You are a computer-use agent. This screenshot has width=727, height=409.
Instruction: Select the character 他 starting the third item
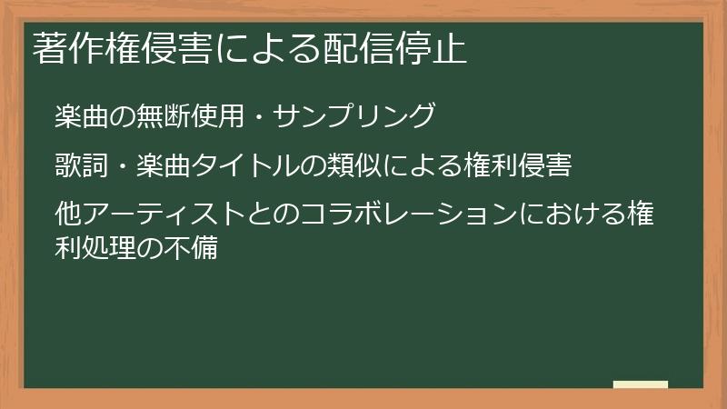(66, 216)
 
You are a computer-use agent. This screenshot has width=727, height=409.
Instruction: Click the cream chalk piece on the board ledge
(640, 384)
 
